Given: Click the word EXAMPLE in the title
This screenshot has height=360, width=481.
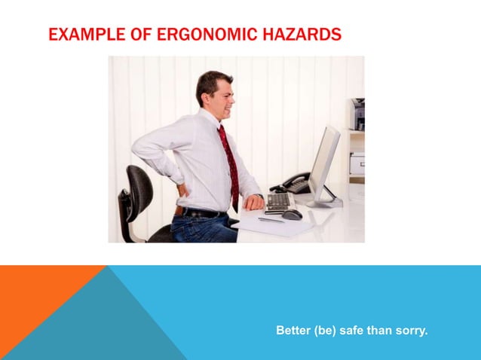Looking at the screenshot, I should coord(76,35).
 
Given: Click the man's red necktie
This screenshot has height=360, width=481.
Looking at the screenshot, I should coord(230,162).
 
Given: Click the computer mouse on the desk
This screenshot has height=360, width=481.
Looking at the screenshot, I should coord(292,215).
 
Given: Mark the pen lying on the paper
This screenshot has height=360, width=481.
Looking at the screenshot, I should coord(271,221).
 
